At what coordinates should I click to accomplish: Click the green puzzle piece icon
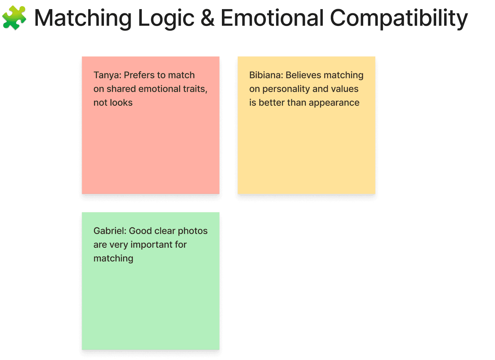pyautogui.click(x=14, y=18)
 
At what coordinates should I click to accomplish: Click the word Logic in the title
pyautogui.click(x=166, y=18)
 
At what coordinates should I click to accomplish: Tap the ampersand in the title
pyautogui.click(x=207, y=18)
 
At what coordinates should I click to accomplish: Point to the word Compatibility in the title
pyautogui.click(x=399, y=18)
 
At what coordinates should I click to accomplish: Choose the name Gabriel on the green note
pyautogui.click(x=110, y=231)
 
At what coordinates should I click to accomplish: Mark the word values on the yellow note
pyautogui.click(x=345, y=89)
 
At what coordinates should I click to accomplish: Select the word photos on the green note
pyautogui.click(x=192, y=231)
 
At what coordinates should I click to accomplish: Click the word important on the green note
pyautogui.click(x=154, y=245)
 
